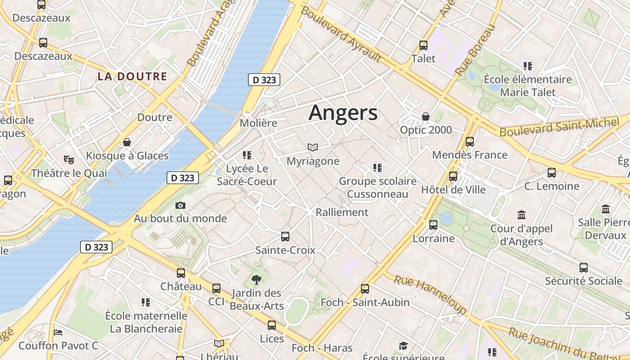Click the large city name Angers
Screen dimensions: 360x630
(x=343, y=113)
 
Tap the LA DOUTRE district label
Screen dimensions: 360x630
(x=132, y=76)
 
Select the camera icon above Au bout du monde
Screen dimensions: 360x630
(x=180, y=206)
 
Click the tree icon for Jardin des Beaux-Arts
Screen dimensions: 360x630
(x=256, y=280)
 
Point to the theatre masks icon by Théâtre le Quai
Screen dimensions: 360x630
(x=69, y=159)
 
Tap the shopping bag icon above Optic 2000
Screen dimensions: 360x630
(x=426, y=117)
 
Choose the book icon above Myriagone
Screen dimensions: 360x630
(x=313, y=147)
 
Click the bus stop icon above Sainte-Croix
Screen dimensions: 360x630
(x=285, y=237)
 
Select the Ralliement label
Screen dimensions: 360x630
(x=342, y=212)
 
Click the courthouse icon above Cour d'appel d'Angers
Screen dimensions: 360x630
(x=522, y=215)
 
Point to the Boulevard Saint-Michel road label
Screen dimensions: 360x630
(x=559, y=127)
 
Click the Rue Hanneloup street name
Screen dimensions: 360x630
(x=430, y=294)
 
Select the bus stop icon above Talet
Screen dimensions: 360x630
(x=423, y=45)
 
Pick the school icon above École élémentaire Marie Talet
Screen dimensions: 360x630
(x=528, y=66)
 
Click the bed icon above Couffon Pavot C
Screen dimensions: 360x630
(x=58, y=333)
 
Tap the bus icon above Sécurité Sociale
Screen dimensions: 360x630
(x=584, y=268)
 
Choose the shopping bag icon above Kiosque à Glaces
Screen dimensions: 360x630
(x=127, y=143)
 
